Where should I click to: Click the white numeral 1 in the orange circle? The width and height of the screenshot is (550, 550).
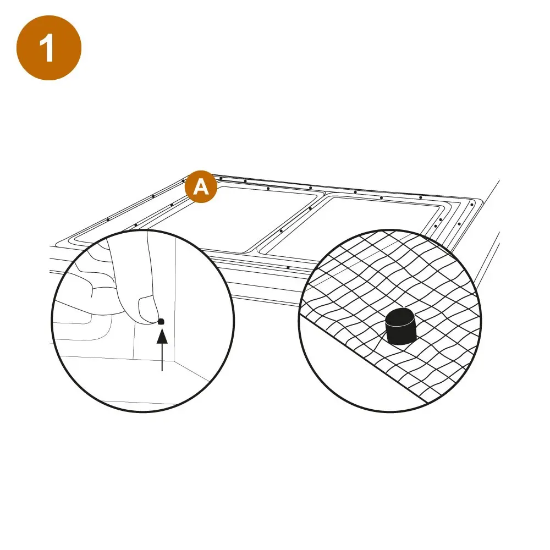pyautogui.click(x=47, y=48)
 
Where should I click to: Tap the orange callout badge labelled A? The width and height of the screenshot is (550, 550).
pyautogui.click(x=201, y=186)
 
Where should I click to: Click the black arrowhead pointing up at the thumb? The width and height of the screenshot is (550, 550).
pyautogui.click(x=162, y=337)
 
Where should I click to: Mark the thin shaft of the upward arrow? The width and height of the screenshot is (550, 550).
pyautogui.click(x=162, y=357)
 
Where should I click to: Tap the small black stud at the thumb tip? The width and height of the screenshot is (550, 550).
pyautogui.click(x=161, y=321)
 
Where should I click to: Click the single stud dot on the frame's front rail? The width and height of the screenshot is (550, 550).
pyautogui.click(x=288, y=268)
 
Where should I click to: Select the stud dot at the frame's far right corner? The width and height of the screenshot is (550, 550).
pyautogui.click(x=472, y=205)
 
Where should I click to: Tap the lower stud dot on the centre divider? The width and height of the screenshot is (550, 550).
pyautogui.click(x=281, y=231)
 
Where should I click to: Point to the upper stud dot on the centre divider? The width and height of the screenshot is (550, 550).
pyautogui.click(x=310, y=208)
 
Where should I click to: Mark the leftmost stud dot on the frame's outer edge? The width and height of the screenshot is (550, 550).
pyautogui.click(x=108, y=219)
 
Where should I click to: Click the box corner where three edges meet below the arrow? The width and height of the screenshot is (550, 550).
pyautogui.click(x=174, y=361)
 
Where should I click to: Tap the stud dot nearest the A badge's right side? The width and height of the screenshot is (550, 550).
pyautogui.click(x=221, y=178)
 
